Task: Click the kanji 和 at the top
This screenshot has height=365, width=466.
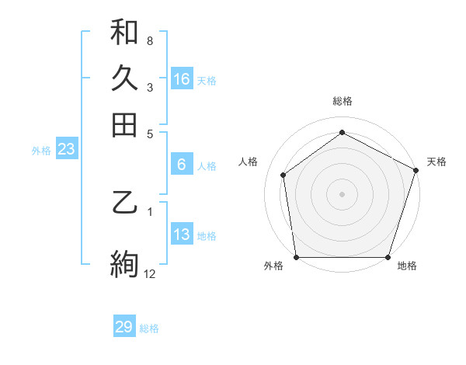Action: [x=124, y=32]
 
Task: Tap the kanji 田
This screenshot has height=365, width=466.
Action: [x=124, y=123]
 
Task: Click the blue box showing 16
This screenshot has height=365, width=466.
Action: [x=182, y=79]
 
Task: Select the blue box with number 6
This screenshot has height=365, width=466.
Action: [x=182, y=165]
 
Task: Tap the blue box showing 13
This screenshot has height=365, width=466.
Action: [x=182, y=235]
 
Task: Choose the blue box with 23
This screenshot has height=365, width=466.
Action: [x=66, y=150]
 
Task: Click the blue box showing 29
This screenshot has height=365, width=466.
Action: [x=124, y=327]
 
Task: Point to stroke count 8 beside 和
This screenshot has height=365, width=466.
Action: [x=149, y=40]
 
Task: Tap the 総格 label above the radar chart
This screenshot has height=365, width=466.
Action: [x=342, y=102]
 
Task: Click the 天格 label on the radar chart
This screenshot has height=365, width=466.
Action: [x=436, y=162]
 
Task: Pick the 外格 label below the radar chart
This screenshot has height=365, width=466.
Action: [x=273, y=266]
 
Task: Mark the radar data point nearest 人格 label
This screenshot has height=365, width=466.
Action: [x=283, y=175]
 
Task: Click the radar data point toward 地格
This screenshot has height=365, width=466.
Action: [x=388, y=257]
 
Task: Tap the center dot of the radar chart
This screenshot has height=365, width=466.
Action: [x=342, y=193]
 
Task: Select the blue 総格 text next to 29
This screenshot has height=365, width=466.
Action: [x=149, y=328]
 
